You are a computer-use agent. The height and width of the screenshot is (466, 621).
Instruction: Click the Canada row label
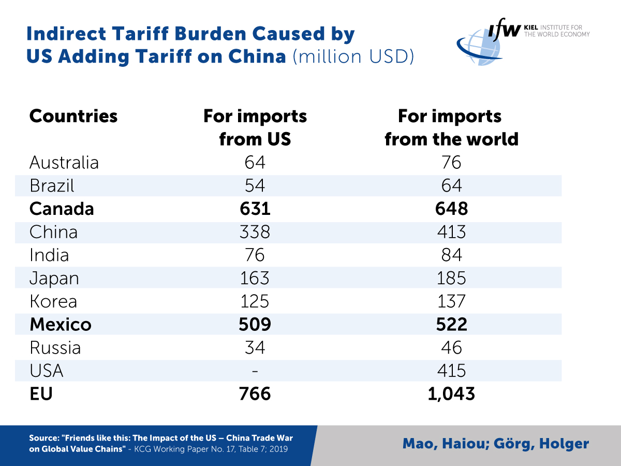tap(62, 208)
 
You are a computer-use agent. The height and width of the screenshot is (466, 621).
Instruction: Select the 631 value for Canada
tap(255, 208)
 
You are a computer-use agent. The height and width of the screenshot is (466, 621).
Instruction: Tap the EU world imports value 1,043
tap(451, 394)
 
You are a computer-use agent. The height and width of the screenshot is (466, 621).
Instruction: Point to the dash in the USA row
tap(255, 371)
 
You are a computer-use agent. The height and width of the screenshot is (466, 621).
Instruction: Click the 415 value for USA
tap(451, 370)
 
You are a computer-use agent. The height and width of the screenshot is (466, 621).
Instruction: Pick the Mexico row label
tap(61, 324)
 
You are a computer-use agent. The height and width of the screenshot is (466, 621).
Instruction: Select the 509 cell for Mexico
tap(255, 324)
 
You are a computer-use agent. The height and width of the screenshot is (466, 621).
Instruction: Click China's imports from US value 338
tap(255, 231)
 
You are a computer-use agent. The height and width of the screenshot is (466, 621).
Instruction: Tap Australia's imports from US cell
tap(255, 162)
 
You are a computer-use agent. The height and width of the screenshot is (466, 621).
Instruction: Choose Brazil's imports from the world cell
tap(451, 185)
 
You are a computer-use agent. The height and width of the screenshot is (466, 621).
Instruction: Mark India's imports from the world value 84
tap(451, 255)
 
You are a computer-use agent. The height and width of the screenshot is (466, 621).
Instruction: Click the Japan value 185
tap(451, 278)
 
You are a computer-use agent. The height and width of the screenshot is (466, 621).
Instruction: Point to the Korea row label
tap(53, 301)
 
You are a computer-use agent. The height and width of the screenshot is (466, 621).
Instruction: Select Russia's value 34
tap(255, 347)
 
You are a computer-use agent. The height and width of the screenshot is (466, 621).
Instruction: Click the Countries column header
tap(73, 116)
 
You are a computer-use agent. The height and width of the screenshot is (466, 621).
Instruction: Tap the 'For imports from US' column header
tap(255, 127)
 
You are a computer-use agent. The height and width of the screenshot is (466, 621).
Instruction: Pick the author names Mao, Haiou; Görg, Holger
tap(495, 444)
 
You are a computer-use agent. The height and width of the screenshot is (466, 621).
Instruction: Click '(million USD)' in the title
tap(353, 56)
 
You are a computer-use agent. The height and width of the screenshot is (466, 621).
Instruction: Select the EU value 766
tap(255, 394)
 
